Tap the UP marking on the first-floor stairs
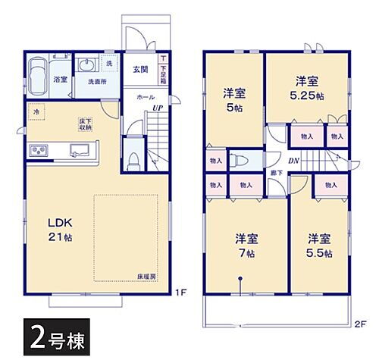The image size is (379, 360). [157, 108]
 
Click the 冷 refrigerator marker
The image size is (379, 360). [35, 112]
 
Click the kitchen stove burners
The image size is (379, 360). [37, 151]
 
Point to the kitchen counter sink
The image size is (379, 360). [80, 149]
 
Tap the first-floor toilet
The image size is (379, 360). [133, 160]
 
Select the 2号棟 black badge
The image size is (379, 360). [52, 334]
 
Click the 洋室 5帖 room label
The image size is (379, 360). [232, 99]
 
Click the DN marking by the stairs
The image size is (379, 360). [293, 161]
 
